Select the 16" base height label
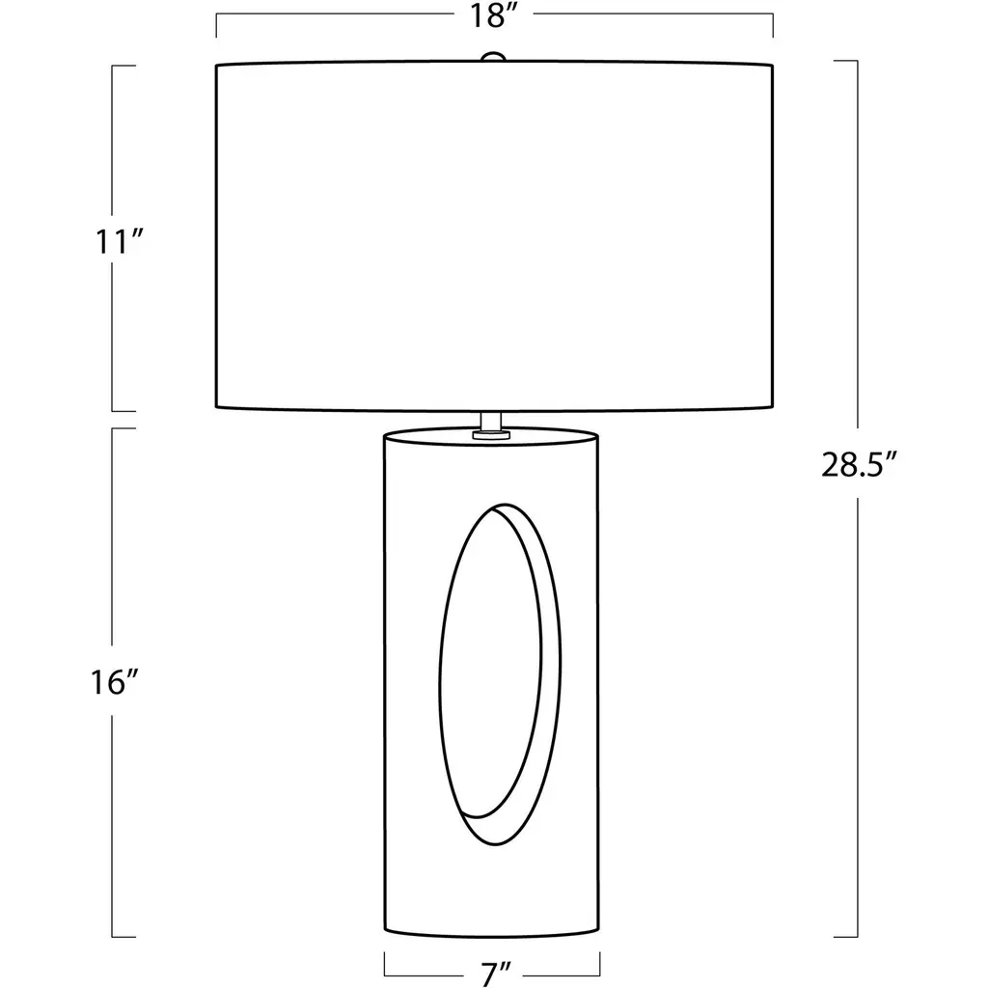[x=115, y=683]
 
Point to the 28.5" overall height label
[x=858, y=466]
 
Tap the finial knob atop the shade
[x=493, y=57]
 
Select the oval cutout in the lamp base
[x=499, y=674]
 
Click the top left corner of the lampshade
[x=217, y=65]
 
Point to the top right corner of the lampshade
[x=773, y=65]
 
